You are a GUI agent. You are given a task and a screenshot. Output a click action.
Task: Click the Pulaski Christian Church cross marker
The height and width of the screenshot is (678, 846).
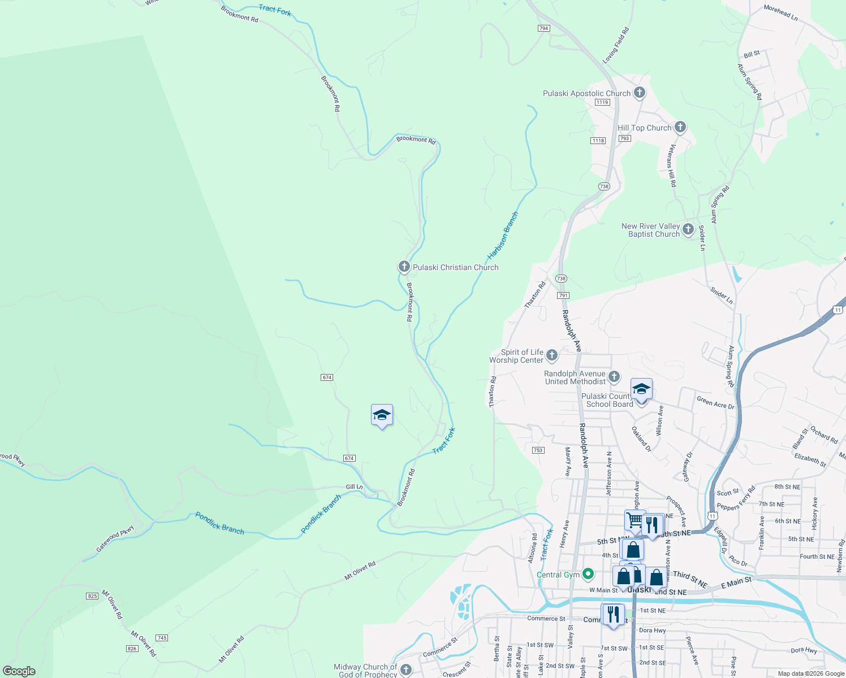click(x=404, y=266)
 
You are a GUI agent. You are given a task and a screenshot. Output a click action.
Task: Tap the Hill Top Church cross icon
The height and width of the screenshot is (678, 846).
click(x=680, y=127)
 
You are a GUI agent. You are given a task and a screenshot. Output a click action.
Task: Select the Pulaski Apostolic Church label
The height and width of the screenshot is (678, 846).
click(x=586, y=93)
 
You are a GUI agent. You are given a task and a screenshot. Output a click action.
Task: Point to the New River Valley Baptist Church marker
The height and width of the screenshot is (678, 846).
click(x=688, y=229)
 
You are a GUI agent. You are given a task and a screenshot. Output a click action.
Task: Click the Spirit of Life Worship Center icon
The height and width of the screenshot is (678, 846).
click(x=552, y=355)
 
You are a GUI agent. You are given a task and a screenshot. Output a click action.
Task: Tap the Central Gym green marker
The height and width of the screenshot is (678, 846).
click(x=588, y=574)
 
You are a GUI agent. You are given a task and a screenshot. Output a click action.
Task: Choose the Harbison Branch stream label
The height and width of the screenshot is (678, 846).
click(x=503, y=236)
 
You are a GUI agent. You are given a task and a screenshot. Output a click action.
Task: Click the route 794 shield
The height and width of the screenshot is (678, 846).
click(x=544, y=28)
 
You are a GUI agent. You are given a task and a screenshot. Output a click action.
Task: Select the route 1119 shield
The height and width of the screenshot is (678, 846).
click(x=602, y=102)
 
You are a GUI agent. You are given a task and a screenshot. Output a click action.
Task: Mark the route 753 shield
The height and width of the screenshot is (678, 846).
click(x=538, y=450)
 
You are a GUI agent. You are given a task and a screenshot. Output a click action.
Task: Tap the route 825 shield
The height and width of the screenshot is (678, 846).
click(x=92, y=596)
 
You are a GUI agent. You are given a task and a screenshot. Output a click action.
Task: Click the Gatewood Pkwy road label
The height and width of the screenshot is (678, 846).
click(x=115, y=539)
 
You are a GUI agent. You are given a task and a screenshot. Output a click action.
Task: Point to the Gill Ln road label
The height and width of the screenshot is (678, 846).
click(x=355, y=486)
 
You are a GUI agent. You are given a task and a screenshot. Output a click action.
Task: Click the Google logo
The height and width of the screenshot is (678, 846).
click(x=19, y=671)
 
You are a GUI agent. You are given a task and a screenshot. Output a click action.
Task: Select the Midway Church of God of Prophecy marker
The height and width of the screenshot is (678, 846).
click(x=405, y=670)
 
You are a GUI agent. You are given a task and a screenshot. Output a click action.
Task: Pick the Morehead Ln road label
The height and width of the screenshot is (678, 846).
click(x=780, y=13)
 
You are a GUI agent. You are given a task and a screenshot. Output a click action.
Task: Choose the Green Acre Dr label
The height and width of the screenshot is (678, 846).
click(x=715, y=402)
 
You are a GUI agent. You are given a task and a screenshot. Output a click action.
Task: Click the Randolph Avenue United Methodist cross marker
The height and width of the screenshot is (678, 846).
click(x=614, y=376)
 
